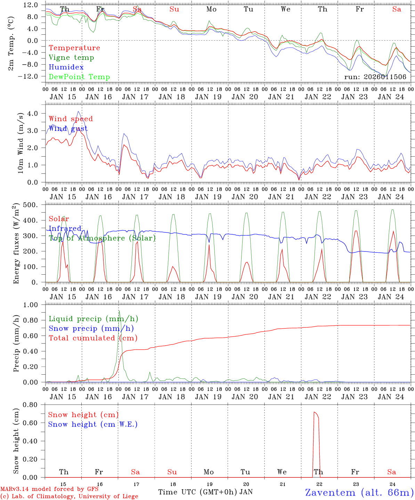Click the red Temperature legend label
pyautogui.click(x=74, y=48)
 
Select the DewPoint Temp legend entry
pyautogui.click(x=79, y=77)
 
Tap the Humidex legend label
pyautogui.click(x=66, y=67)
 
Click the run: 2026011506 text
pyautogui.click(x=375, y=77)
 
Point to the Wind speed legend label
pyautogui.click(x=71, y=119)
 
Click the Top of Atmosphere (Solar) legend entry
pyautogui.click(x=102, y=238)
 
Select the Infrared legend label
pyautogui.click(x=65, y=228)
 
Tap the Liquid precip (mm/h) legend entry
pyautogui.click(x=93, y=319)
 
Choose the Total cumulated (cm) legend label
pyautogui.click(x=93, y=338)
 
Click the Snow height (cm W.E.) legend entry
pyautogui.click(x=92, y=424)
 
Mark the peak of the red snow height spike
pyautogui.click(x=314, y=412)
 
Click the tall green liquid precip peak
pyautogui.click(x=119, y=311)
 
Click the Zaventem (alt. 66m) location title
pyautogui.click(x=359, y=492)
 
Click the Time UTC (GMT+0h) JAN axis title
pyautogui.click(x=205, y=492)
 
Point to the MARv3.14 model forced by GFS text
pyautogui.click(x=49, y=489)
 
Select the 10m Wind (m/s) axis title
pyautogui.click(x=21, y=143)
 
